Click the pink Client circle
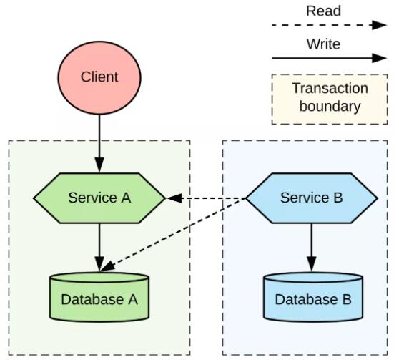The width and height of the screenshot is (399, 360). [99, 78]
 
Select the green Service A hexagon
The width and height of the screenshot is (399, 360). [99, 198]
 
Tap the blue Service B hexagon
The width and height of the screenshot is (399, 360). [312, 198]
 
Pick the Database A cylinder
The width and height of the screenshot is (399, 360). [99, 297]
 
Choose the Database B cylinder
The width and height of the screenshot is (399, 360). [313, 297]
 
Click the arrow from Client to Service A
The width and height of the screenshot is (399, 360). [99, 143]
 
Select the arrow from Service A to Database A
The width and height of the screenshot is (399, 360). [99, 248]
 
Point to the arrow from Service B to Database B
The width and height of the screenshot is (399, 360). [312, 248]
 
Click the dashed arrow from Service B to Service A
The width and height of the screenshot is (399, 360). [206, 198]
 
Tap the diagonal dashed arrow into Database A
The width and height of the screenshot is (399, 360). [173, 235]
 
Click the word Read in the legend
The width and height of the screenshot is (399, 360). [323, 11]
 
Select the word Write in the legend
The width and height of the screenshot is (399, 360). [323, 44]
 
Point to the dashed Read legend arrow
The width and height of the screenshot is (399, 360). [329, 25]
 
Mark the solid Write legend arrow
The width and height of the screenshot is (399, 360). [329, 58]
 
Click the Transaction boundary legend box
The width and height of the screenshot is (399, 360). [330, 99]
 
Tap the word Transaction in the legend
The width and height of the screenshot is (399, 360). [330, 89]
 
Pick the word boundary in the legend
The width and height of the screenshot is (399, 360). [330, 106]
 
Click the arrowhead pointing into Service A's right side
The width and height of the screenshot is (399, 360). [174, 198]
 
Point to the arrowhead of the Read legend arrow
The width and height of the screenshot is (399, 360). [380, 25]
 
